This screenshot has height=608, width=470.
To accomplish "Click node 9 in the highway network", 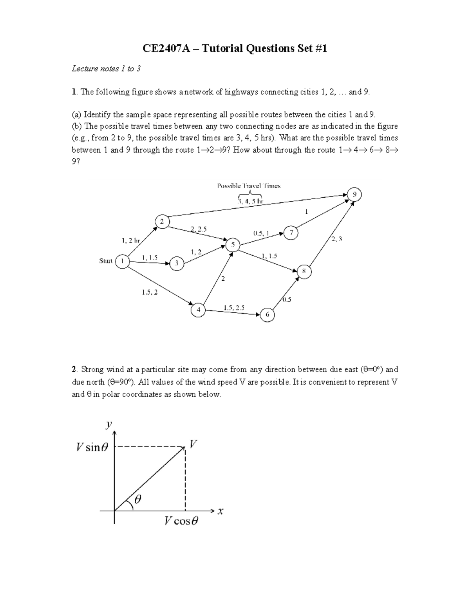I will tap(354, 195).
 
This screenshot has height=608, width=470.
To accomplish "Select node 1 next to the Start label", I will tap(123, 261).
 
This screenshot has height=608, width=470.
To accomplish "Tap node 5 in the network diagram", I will tap(233, 245).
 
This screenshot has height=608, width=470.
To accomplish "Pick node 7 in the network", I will tap(291, 233).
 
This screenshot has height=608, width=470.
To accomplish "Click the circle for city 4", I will tap(198, 310).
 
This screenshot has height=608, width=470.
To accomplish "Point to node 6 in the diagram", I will tap(268, 314).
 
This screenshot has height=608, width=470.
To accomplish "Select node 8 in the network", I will tap(304, 272).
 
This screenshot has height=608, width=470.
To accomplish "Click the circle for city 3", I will tap(177, 263).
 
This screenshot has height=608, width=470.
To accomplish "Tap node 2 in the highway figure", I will tap(162, 221).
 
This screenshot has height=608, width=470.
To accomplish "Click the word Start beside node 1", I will tap(106, 261).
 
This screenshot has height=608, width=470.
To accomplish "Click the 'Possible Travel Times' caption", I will tap(249, 186).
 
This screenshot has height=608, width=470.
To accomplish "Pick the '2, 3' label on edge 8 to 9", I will tap(336, 239).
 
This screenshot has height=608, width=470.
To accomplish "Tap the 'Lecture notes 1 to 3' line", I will tap(106, 69).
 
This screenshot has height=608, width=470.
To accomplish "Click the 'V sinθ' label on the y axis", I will tap(92, 447).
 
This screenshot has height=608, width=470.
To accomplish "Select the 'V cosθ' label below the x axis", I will tap(181, 521).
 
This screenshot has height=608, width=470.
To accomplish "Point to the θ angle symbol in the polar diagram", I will tap(138, 500).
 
